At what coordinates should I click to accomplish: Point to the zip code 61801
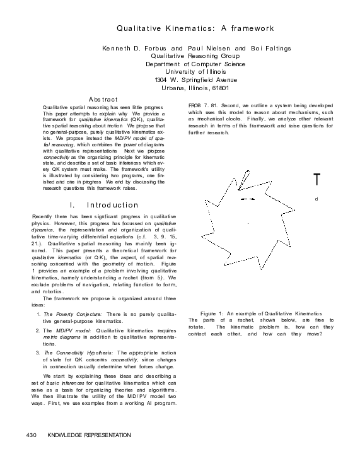[216, 88]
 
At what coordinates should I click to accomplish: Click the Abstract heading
[103, 100]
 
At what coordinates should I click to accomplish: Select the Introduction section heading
[104, 205]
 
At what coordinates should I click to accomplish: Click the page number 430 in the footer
[32, 435]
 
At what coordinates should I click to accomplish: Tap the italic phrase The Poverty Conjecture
[73, 314]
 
